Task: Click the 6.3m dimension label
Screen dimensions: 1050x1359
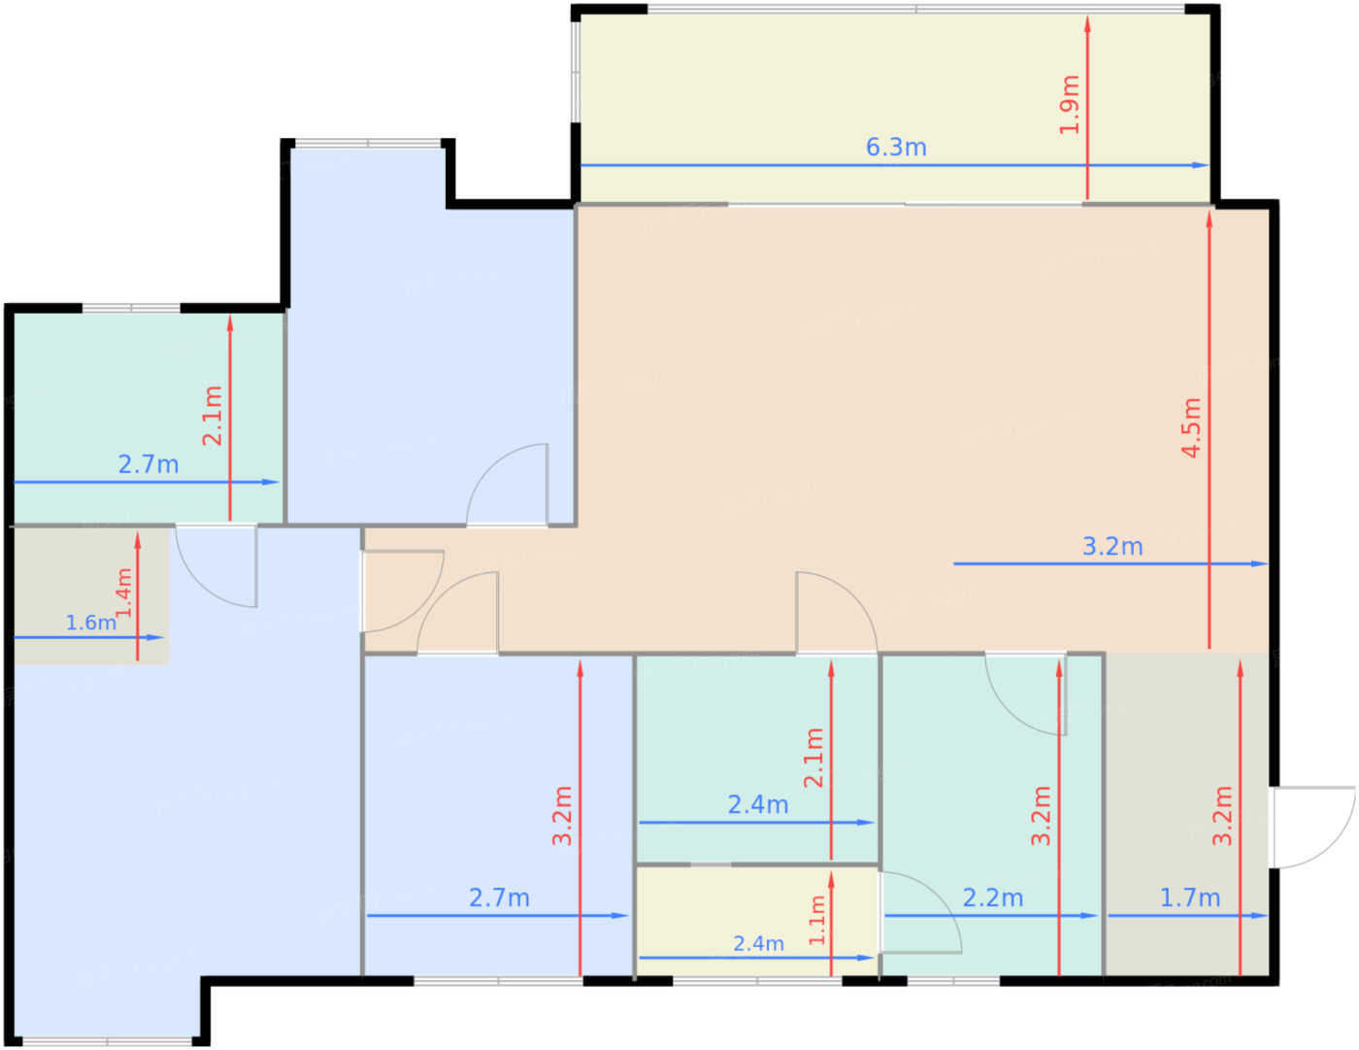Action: click(x=895, y=148)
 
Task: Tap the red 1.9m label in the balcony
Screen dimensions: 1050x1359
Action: click(x=1069, y=105)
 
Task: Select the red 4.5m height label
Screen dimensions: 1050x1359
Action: click(x=1191, y=427)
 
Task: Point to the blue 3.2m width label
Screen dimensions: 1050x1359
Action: click(x=1112, y=547)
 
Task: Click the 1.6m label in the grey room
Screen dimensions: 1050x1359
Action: click(x=90, y=623)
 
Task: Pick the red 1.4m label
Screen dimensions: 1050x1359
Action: click(x=123, y=593)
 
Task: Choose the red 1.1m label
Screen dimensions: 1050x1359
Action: click(x=816, y=921)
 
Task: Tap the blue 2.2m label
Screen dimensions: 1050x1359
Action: click(x=992, y=898)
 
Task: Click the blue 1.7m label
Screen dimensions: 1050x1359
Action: click(x=1190, y=898)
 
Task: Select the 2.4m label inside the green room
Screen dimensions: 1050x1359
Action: click(x=758, y=805)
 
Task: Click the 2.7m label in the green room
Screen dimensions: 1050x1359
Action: click(x=149, y=465)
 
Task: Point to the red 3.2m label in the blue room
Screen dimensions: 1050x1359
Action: click(x=562, y=816)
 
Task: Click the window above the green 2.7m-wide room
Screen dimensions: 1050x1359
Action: click(x=131, y=309)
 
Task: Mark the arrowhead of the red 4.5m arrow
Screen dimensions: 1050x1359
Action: click(x=1210, y=220)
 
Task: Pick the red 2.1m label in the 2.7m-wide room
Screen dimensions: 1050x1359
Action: click(x=212, y=416)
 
